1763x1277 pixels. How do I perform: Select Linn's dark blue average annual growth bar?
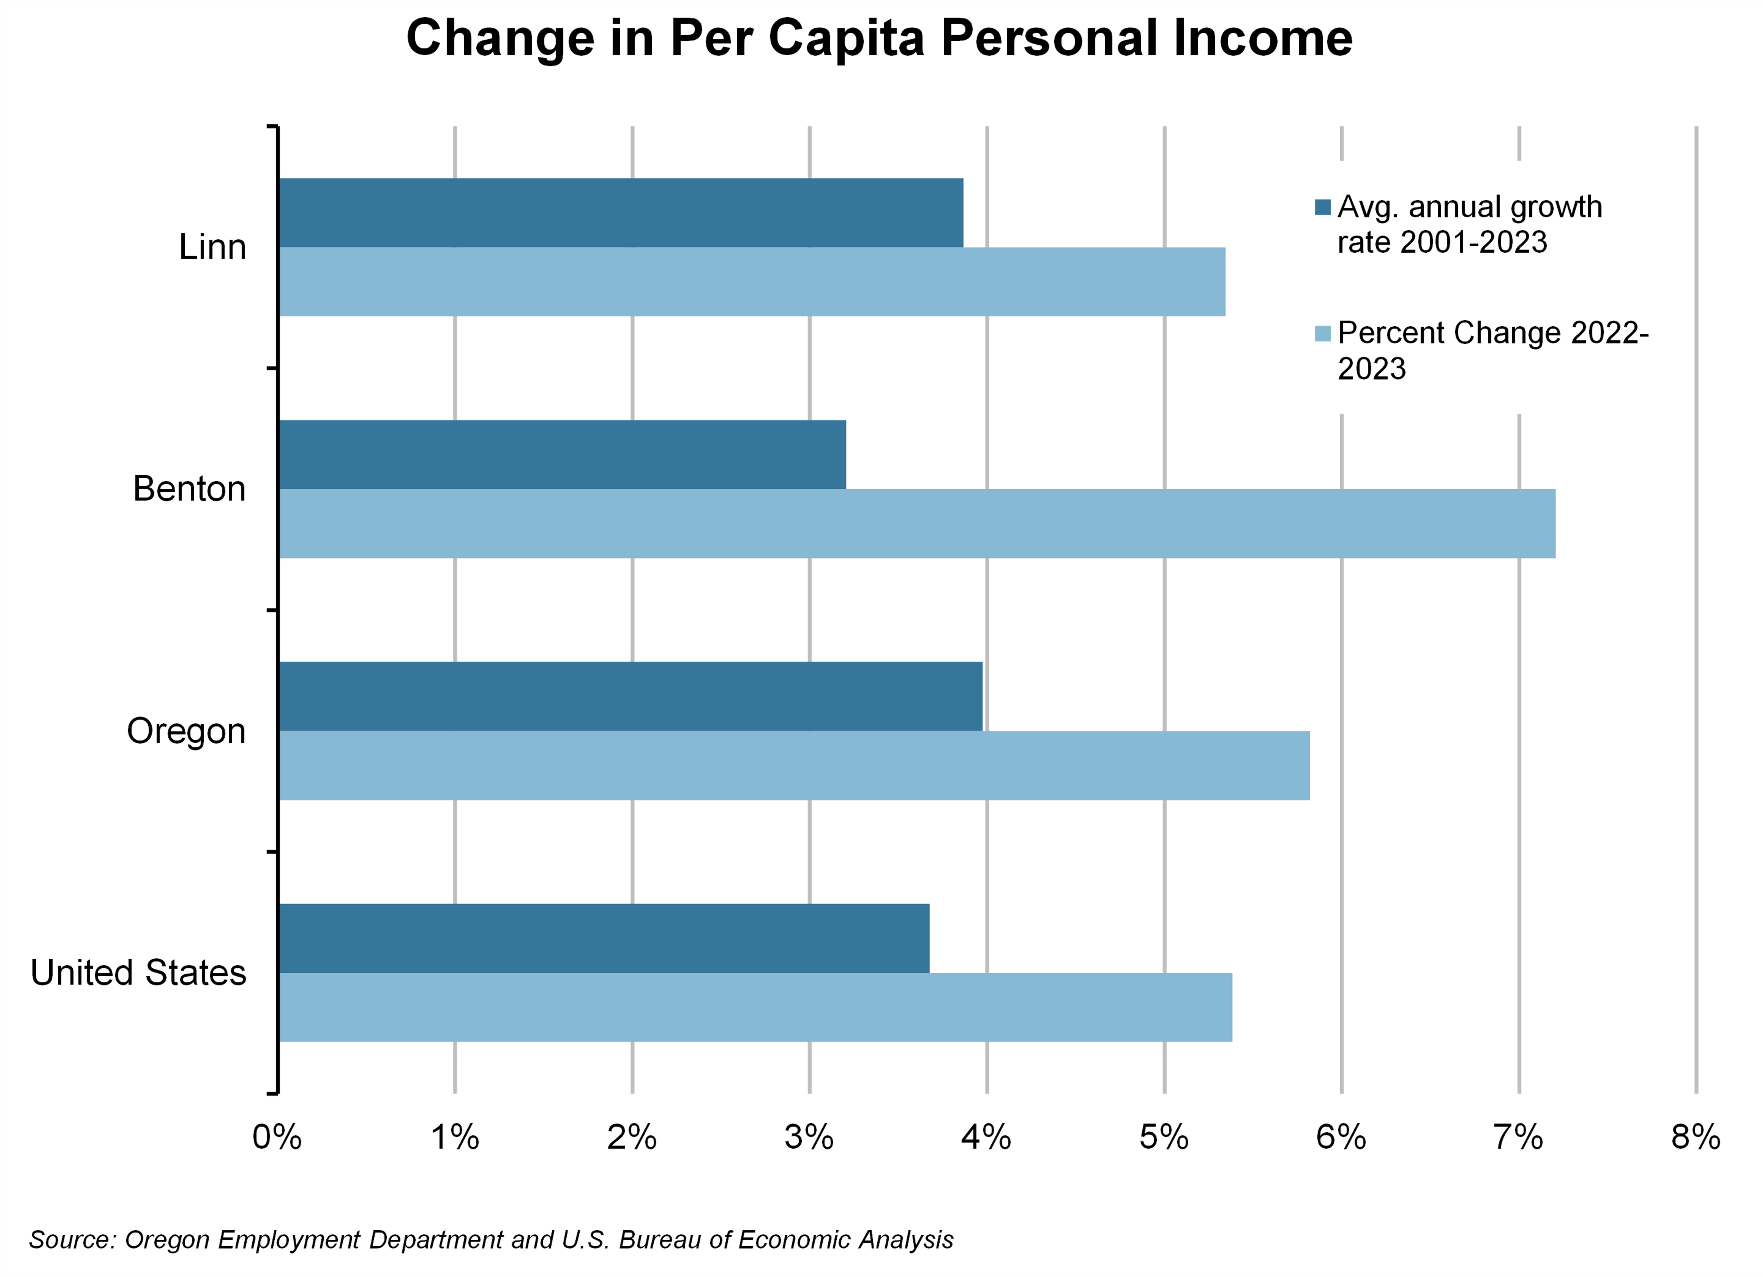620,213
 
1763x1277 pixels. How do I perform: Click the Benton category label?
189,489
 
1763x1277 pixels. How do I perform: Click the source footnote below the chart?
491,1239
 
